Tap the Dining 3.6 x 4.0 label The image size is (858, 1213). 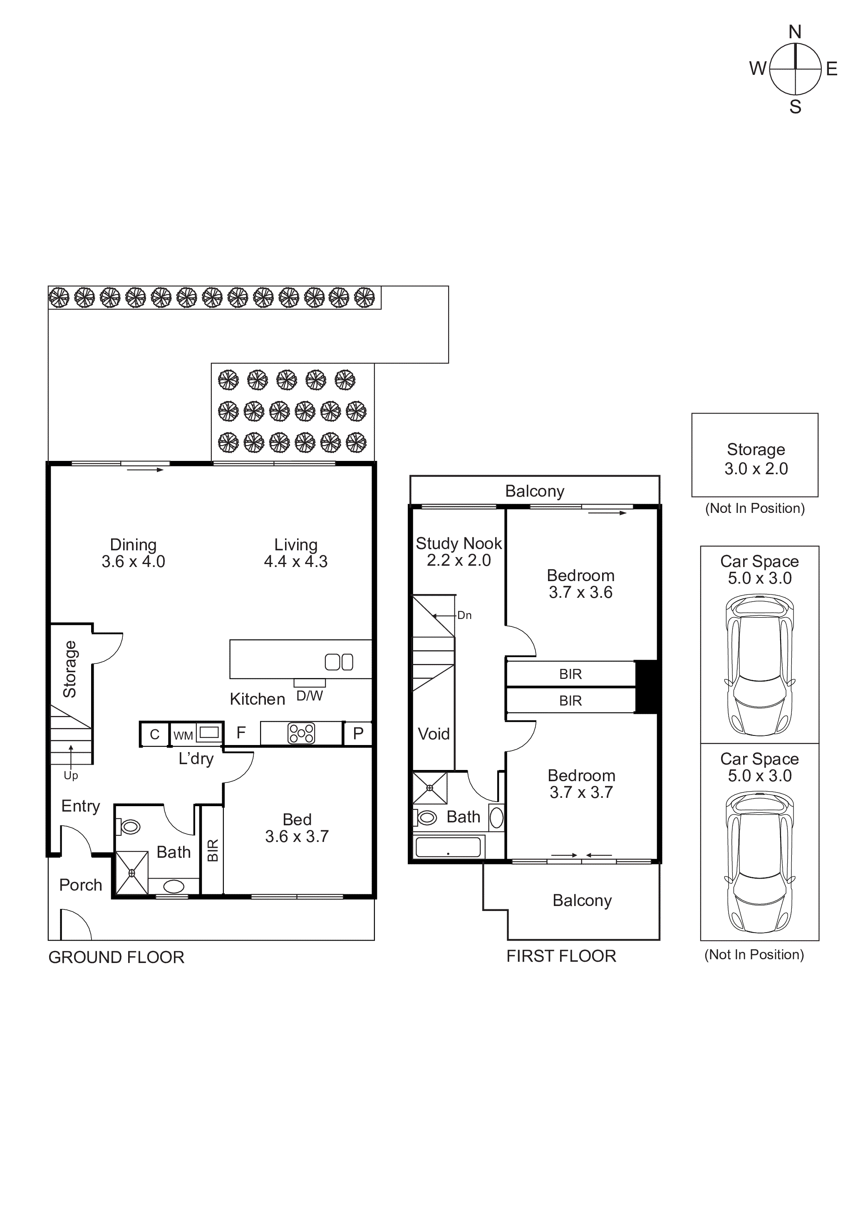pyautogui.click(x=133, y=553)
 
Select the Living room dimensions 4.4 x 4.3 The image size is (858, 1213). pyautogui.click(x=295, y=562)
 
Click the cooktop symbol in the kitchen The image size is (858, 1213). pyautogui.click(x=301, y=733)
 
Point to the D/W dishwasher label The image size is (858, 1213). pyautogui.click(x=309, y=696)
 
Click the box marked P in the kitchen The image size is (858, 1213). pyautogui.click(x=358, y=733)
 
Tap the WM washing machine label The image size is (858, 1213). pyautogui.click(x=183, y=735)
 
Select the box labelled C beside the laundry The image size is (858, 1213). pyautogui.click(x=154, y=734)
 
